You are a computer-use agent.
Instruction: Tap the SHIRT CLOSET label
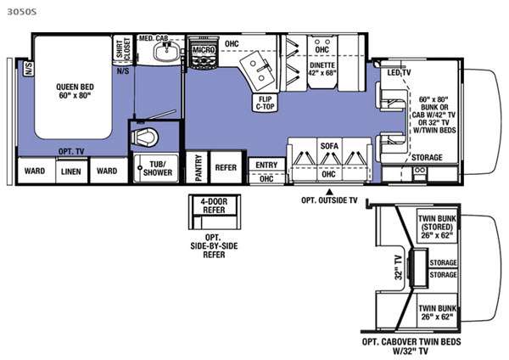[x=122, y=53]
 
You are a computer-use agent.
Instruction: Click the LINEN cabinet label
[x=70, y=171]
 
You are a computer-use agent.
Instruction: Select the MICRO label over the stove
[x=203, y=50]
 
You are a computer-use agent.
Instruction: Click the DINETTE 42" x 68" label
[x=322, y=69]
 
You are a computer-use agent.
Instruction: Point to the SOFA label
[x=329, y=146]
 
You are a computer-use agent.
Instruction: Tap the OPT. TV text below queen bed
[x=70, y=149]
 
